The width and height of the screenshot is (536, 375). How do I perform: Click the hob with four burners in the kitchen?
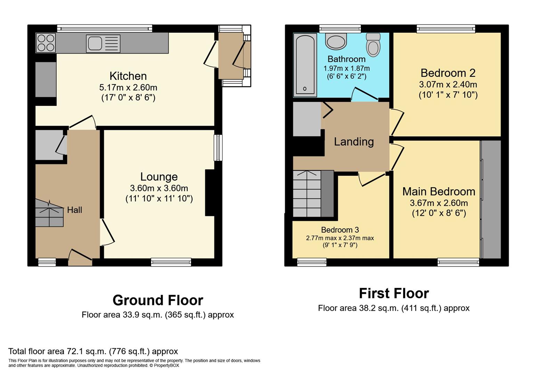(x=46, y=43)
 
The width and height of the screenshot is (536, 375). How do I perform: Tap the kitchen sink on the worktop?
(x=103, y=43)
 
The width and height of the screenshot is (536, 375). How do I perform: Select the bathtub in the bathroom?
(x=305, y=65)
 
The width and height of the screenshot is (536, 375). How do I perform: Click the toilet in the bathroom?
(x=373, y=44)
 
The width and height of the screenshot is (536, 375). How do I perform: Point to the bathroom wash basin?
(x=336, y=41)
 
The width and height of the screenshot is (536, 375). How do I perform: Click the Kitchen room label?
(x=128, y=76)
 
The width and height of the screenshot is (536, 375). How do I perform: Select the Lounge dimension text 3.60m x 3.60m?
(x=159, y=188)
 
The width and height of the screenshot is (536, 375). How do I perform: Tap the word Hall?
(x=74, y=210)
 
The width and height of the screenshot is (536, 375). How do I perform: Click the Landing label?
(x=354, y=142)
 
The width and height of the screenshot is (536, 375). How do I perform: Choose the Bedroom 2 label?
(x=448, y=73)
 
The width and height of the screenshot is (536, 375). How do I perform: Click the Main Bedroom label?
(x=439, y=191)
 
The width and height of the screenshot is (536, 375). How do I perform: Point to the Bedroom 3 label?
(x=340, y=230)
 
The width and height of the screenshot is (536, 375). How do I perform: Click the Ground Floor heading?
(x=157, y=300)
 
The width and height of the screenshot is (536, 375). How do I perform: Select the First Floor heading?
(x=393, y=293)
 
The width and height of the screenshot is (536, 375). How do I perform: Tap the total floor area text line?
(x=93, y=351)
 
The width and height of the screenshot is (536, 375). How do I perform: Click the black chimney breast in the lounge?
(x=210, y=193)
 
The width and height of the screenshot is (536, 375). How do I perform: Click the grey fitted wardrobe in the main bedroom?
(x=491, y=199)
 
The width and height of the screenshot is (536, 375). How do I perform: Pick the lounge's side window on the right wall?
(x=218, y=148)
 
